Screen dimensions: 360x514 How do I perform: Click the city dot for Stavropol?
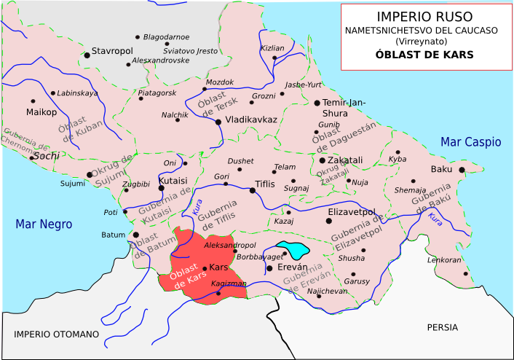tap(86, 55)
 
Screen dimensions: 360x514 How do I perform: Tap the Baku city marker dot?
tap(462, 170)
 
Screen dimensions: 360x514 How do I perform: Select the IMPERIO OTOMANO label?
tap(56, 334)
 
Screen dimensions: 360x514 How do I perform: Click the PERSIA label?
tap(443, 327)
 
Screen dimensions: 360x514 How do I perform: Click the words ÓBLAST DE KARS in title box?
tap(424, 55)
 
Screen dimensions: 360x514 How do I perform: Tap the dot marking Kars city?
tap(205, 268)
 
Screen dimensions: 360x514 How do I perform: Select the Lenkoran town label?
tap(444, 259)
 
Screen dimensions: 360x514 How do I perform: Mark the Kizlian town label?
tap(272, 47)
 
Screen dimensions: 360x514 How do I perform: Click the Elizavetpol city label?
tap(351, 211)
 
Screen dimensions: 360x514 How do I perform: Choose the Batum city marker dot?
tap(135, 235)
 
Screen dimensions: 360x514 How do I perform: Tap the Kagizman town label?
tap(227, 283)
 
